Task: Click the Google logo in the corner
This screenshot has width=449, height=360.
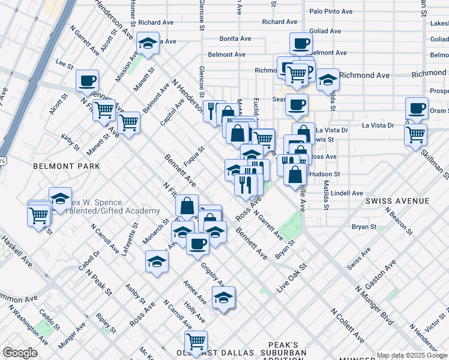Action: click(20, 353)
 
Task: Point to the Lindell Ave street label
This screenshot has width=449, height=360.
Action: click(346, 193)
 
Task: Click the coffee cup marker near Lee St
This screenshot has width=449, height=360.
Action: click(88, 80)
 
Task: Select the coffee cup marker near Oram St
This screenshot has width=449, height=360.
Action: click(417, 108)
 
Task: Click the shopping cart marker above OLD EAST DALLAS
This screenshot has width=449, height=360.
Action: click(196, 341)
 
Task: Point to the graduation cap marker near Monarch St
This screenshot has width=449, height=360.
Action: click(157, 262)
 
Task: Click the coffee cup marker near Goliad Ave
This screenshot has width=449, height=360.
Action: click(301, 43)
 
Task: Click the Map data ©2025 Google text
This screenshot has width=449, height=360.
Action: click(412, 355)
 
